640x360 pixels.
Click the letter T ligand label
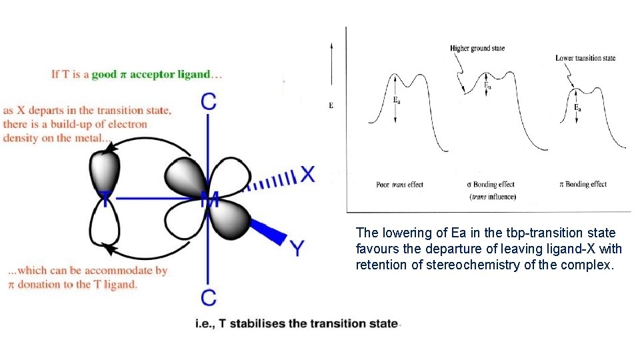click(105, 198)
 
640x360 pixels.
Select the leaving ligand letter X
click(307, 175)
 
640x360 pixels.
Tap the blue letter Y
click(297, 249)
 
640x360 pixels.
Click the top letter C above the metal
click(209, 101)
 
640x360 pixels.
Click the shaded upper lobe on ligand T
click(105, 170)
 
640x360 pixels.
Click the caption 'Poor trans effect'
click(399, 185)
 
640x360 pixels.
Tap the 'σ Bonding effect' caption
click(491, 185)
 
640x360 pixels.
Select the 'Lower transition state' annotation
click(585, 59)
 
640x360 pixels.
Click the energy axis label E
click(331, 106)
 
